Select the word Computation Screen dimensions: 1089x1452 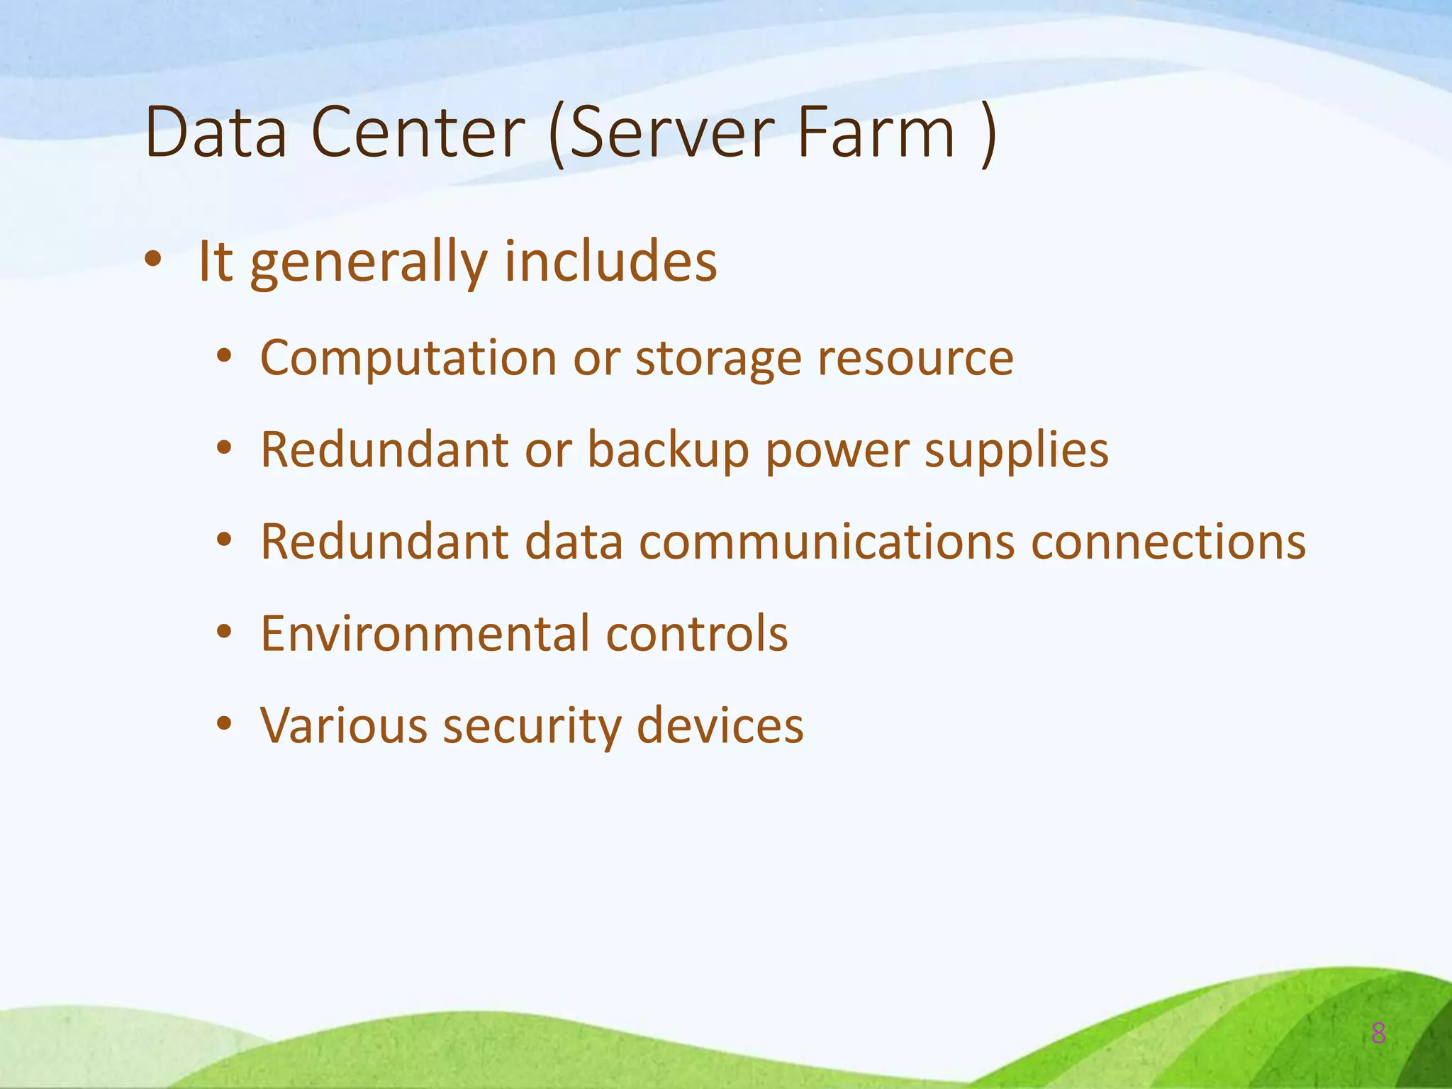tap(408, 359)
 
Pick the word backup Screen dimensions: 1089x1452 tap(668, 452)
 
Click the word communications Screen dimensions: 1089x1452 tap(827, 542)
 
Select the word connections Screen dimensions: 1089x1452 tap(1168, 542)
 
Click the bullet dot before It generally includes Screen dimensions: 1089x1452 tap(152, 260)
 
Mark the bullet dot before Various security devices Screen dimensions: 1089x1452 tap(224, 725)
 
